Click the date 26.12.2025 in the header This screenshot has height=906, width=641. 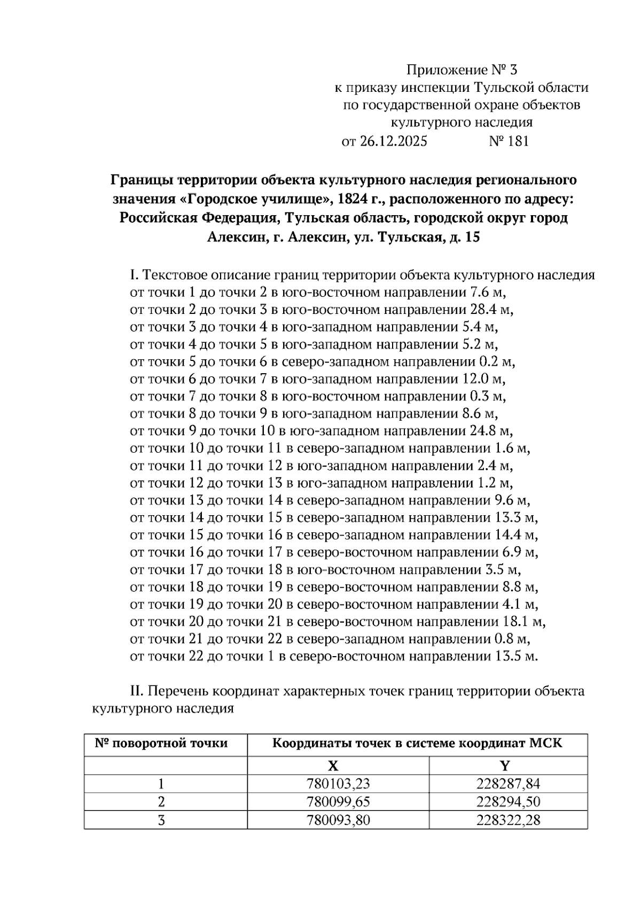(x=393, y=141)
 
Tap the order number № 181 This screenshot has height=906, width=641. (x=509, y=141)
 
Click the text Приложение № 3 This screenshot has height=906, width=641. (x=462, y=70)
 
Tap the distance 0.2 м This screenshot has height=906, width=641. (x=497, y=361)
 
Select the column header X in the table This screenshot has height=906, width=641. (x=333, y=766)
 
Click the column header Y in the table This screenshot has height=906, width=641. (x=505, y=766)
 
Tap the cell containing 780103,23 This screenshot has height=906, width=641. (x=338, y=784)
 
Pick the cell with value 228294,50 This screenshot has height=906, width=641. (x=508, y=802)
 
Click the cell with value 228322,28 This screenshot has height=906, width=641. (x=508, y=820)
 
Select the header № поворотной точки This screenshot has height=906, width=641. (x=161, y=743)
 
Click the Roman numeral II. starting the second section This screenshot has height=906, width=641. (x=137, y=691)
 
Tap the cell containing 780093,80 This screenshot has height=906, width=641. (x=338, y=820)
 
